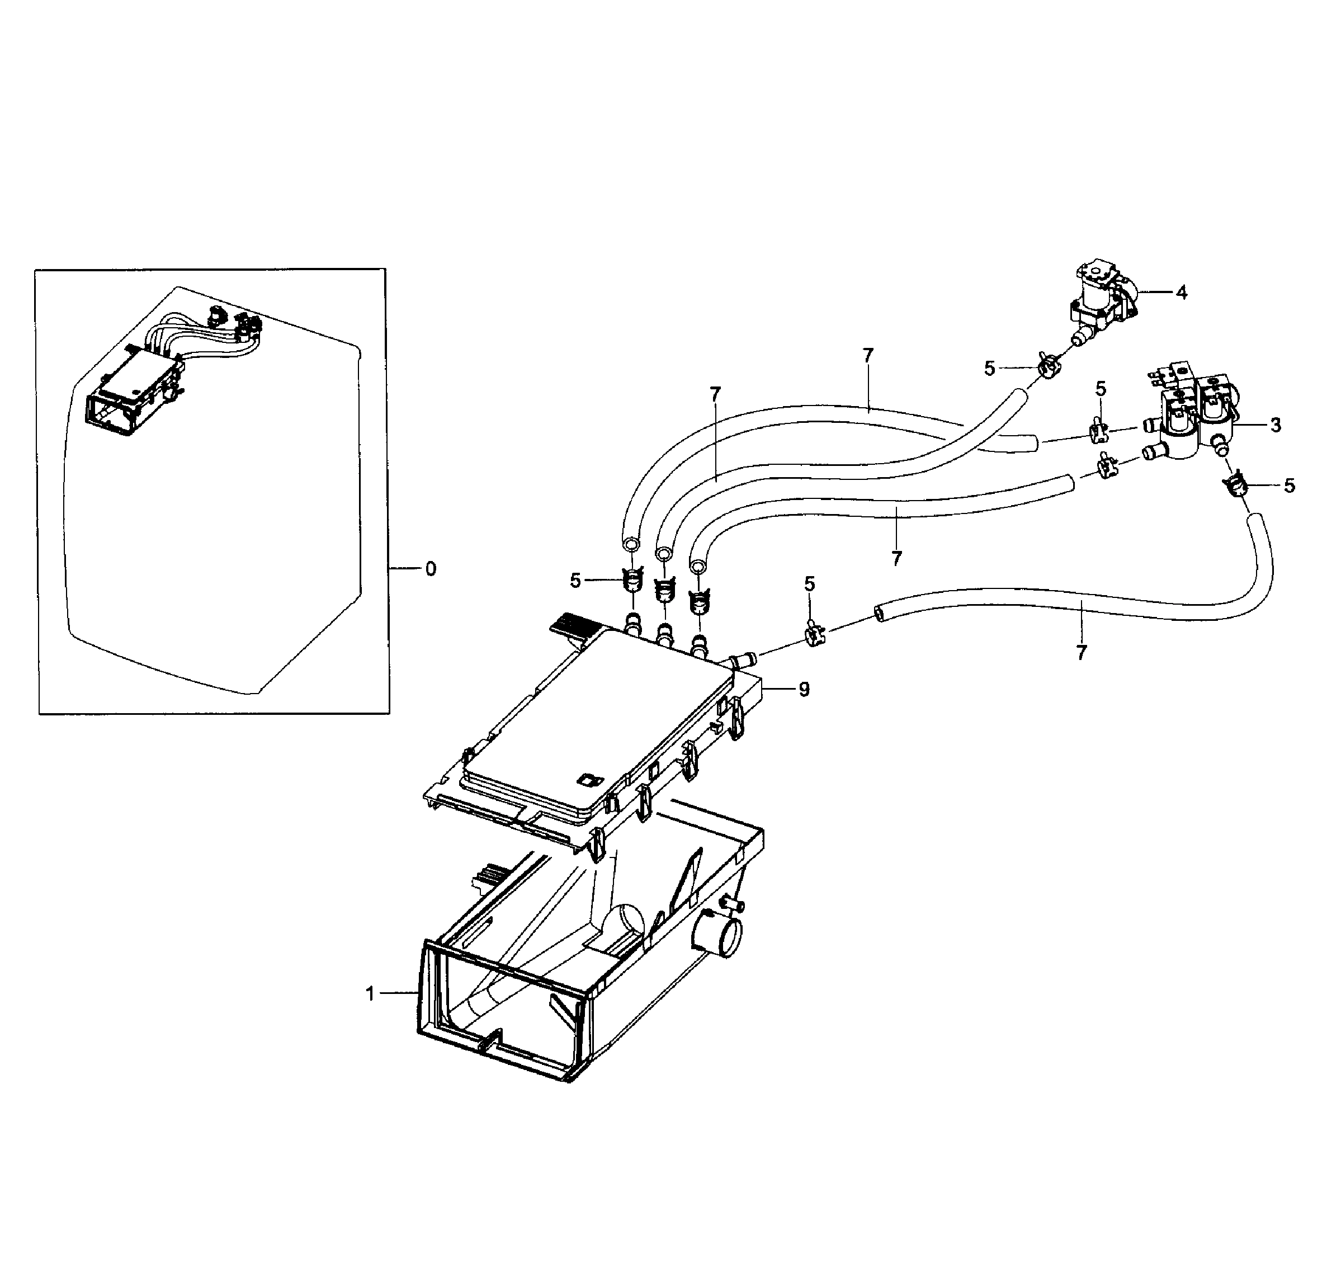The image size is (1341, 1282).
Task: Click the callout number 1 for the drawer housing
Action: point(370,993)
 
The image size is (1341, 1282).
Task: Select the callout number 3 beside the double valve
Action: point(1275,425)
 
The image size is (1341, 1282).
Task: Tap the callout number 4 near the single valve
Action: point(1181,293)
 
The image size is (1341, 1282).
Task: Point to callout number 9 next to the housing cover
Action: point(804,690)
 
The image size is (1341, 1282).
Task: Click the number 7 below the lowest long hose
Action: point(1081,653)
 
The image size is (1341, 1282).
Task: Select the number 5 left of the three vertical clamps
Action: point(575,581)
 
